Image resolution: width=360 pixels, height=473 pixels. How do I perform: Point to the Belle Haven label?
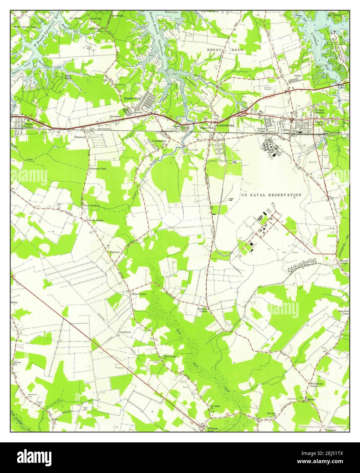point(137,111)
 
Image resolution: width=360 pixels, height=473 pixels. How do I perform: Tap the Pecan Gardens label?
point(91,206)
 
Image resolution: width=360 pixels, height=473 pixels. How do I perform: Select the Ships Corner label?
point(139,294)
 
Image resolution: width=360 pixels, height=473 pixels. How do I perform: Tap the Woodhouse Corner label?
point(314,385)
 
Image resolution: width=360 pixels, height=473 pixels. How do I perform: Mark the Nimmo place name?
point(311,399)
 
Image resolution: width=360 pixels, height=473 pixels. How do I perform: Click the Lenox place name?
point(298,75)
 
